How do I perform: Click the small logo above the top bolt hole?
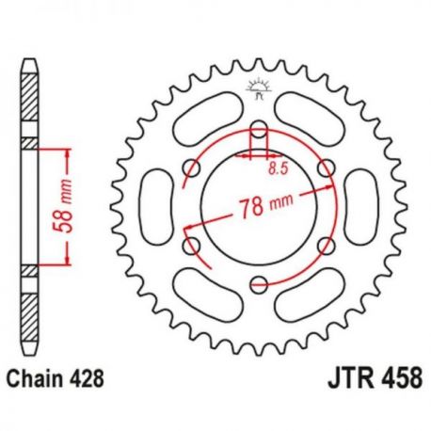point(258,91)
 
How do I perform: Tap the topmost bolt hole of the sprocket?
point(259,129)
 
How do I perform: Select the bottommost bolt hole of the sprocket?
point(259,280)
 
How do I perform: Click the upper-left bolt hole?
point(194,168)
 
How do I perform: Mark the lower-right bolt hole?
point(325,243)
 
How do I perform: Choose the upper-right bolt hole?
point(325,168)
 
